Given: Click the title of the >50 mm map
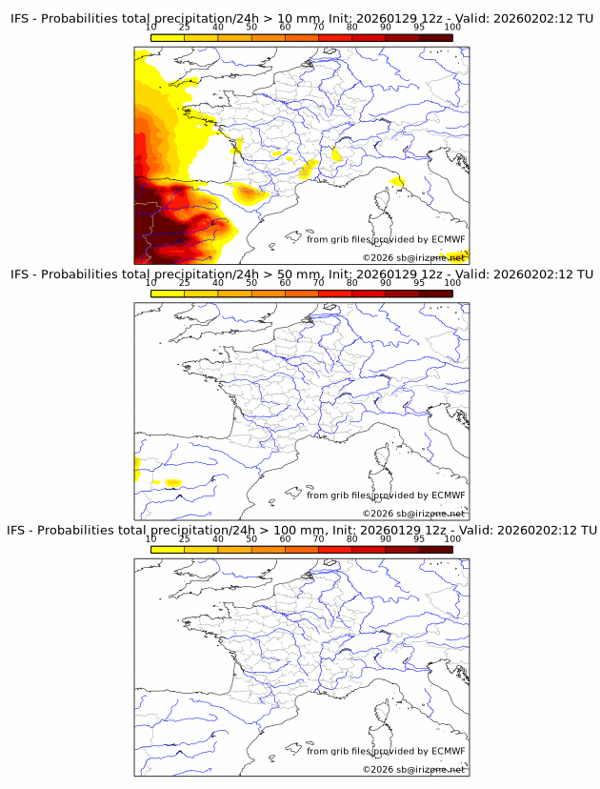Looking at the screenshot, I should (x=303, y=274).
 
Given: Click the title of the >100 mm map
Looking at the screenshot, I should (x=303, y=530).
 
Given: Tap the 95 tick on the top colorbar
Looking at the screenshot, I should (x=419, y=28).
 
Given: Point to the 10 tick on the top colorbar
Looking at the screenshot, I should (x=151, y=28).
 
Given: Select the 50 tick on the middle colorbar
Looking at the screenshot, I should (x=251, y=283).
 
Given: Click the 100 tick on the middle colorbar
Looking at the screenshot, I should (x=452, y=283).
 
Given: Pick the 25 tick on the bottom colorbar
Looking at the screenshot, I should (x=185, y=538).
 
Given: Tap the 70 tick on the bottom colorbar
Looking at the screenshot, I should (x=318, y=538).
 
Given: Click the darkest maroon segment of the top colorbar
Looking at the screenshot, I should (x=435, y=37).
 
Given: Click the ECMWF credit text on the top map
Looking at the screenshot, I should (x=385, y=239).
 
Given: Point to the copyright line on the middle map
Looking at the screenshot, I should (x=413, y=514).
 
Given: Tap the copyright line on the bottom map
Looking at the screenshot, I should (x=413, y=769).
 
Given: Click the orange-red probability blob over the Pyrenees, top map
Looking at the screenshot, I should (x=250, y=193).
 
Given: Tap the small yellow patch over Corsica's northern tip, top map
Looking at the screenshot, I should (x=396, y=181).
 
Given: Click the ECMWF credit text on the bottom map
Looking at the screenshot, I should (x=385, y=751).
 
